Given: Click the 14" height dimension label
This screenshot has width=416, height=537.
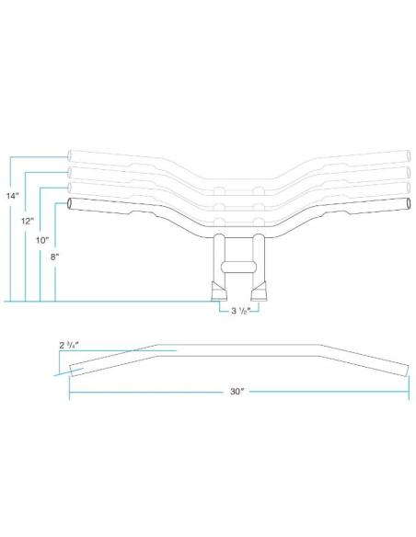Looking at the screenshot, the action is coord(12,196).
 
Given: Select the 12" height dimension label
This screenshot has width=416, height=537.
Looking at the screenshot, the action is coord(28,222).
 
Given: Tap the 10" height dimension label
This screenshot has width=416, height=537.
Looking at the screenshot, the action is coord(42,240).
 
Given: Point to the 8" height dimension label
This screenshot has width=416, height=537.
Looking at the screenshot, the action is coord(55,257).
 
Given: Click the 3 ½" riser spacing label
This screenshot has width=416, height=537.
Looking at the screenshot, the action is coord(241,311).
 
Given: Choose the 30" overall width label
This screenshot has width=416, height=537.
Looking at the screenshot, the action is coord(237,392).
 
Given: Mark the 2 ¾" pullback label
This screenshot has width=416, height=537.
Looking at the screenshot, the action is coord(69,345).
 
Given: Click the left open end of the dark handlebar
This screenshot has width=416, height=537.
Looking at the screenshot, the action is coord(70,203).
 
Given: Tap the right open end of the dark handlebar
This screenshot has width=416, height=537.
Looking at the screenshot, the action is coord(408,203).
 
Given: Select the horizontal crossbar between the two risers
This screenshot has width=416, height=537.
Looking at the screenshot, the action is coord(239,268).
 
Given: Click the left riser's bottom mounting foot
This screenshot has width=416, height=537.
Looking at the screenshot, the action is coord(219,291).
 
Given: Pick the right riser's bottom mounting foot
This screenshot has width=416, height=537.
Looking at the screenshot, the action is coord(259,291).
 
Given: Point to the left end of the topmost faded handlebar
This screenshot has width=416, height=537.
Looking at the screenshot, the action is coord(70,155).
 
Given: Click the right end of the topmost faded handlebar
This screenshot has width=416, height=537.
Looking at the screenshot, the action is coord(408,155).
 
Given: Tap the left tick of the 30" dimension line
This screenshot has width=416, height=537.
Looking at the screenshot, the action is coord(70,388).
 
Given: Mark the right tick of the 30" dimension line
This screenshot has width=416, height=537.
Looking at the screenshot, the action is coord(409,388).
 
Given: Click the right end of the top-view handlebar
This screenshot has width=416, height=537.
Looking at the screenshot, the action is coord(407,371).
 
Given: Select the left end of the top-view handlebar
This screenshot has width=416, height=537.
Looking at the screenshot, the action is coord(72,371).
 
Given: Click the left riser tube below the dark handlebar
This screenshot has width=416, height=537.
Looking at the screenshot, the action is coord(219,257).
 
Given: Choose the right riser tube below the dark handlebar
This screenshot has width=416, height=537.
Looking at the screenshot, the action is coord(259,257).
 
